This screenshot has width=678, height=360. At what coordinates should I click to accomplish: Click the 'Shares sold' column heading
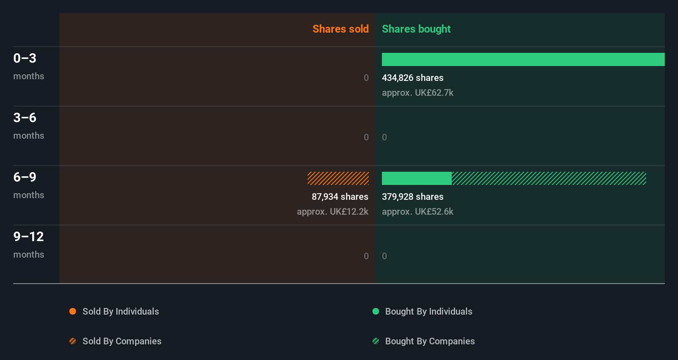(x=340, y=29)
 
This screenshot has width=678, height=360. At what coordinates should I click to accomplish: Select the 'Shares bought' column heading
(x=416, y=29)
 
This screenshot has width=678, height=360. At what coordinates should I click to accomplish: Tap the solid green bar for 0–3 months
(x=523, y=59)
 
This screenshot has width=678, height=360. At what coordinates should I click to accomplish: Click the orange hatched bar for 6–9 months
(x=338, y=178)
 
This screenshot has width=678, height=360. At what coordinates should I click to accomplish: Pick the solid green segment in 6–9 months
(x=417, y=178)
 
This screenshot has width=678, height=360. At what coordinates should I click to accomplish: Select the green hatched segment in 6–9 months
(x=549, y=178)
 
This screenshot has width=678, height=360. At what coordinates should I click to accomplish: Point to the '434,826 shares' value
(x=412, y=78)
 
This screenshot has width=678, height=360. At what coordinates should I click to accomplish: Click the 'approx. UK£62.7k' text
(x=417, y=92)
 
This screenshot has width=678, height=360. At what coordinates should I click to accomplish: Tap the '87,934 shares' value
(x=340, y=197)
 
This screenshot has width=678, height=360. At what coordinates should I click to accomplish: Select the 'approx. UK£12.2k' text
(x=332, y=211)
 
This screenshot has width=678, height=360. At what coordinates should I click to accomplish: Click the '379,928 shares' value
(x=412, y=197)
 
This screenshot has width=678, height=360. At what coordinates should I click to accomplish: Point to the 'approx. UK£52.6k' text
(x=417, y=211)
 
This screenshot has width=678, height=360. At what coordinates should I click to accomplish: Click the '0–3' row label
(x=25, y=58)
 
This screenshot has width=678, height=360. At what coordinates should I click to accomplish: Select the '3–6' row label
(x=25, y=118)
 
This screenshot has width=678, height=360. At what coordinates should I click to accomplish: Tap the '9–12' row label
(x=28, y=237)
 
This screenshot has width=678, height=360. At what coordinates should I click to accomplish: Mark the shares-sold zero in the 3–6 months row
(x=366, y=137)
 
